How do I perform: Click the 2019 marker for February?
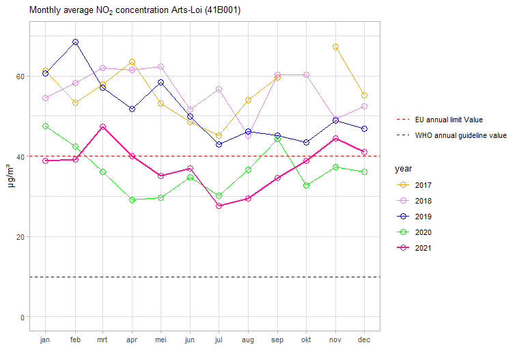point(75,42)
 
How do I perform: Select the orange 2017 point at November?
point(335,46)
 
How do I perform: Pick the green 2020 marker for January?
point(45,126)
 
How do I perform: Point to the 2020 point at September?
point(278,139)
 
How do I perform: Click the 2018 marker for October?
point(307,74)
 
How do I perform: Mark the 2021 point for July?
point(219,206)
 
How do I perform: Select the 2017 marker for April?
point(132,62)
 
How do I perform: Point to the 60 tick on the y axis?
point(20,77)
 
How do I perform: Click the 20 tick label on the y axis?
point(20,237)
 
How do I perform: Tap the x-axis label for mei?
point(160,339)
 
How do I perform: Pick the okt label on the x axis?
point(307,339)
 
